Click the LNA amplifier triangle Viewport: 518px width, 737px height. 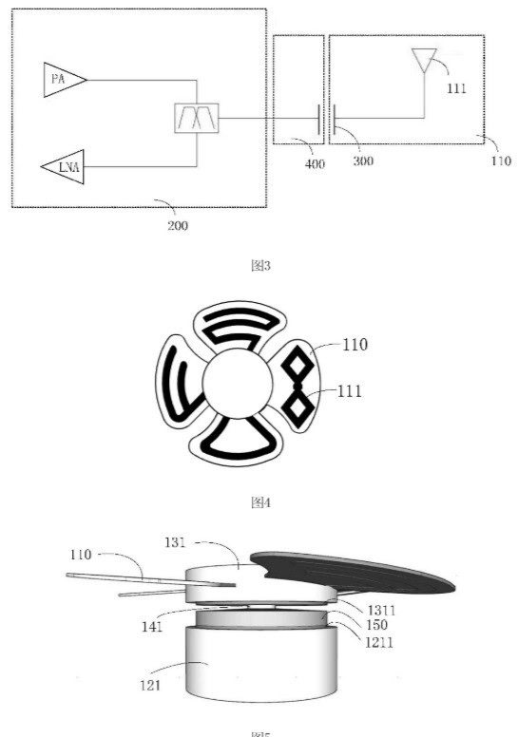(x=64, y=167)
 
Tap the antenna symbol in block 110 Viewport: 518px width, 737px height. (x=423, y=61)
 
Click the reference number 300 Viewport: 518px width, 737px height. (x=362, y=161)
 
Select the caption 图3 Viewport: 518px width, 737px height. (x=259, y=266)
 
